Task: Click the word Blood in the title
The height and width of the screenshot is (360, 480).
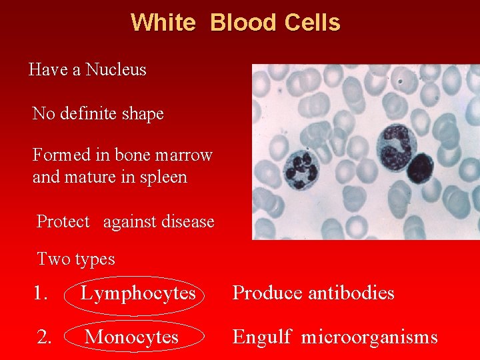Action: tap(243, 23)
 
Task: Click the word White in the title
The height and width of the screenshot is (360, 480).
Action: tap(163, 23)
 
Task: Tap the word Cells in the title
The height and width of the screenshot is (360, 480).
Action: tap(312, 23)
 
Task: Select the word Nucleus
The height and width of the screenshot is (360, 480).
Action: tap(116, 69)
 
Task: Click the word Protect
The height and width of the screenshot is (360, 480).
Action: tap(63, 221)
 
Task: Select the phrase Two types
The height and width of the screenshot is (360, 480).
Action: tap(76, 259)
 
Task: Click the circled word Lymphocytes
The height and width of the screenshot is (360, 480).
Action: tap(138, 293)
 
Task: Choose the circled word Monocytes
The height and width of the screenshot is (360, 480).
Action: tap(132, 337)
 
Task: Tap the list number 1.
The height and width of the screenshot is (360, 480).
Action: tap(41, 293)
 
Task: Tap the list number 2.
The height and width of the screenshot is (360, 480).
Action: tap(44, 337)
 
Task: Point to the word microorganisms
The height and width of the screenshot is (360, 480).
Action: tap(369, 337)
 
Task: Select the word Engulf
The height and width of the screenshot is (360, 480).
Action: tap(261, 337)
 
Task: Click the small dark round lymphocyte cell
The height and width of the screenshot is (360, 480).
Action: tap(420, 168)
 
